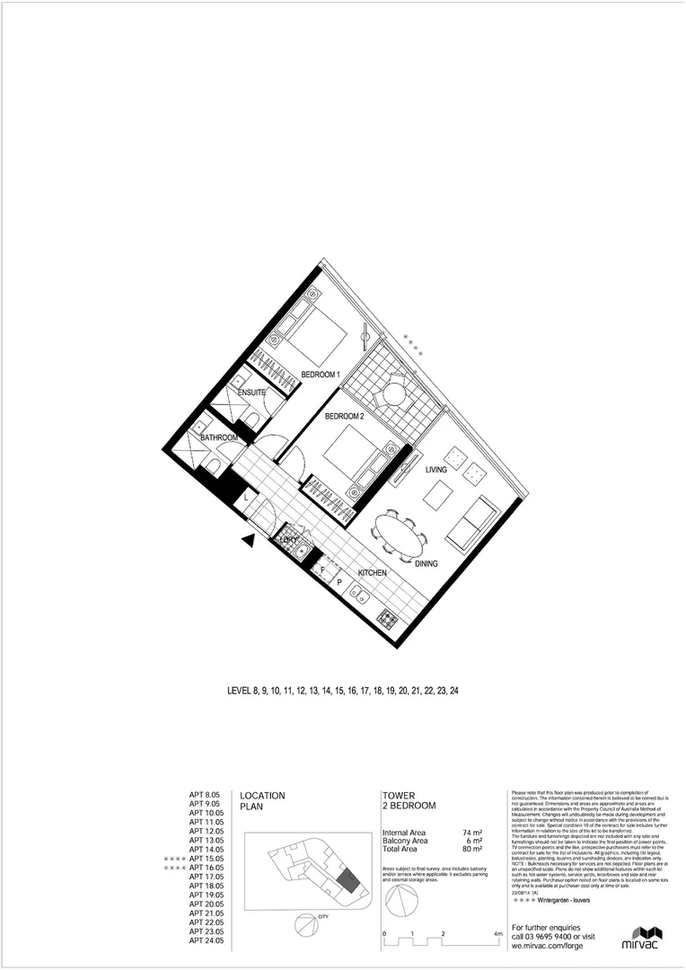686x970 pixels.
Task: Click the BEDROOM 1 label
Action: point(321,374)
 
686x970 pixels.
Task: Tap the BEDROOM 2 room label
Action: point(344,416)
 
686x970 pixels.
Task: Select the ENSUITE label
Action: point(251,392)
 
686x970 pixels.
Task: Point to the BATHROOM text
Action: point(219,437)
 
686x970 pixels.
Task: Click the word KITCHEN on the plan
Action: point(373,572)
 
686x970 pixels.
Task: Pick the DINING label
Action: point(427,564)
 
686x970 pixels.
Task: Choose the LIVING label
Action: point(435,470)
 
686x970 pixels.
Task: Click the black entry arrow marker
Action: point(251,540)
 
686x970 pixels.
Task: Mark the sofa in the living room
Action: point(470,526)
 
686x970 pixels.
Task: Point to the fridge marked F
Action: point(323,569)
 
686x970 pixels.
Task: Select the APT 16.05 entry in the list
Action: point(206,869)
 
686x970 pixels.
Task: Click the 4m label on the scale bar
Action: point(498,934)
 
